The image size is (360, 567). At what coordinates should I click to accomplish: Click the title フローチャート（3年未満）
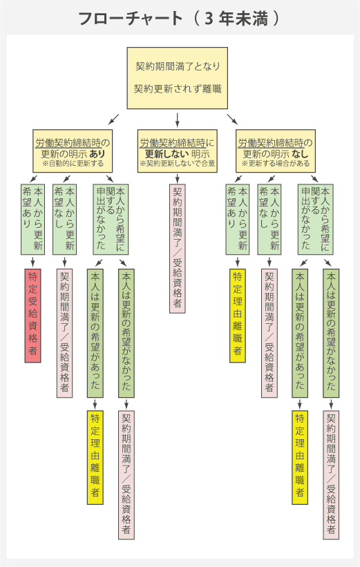[180, 19]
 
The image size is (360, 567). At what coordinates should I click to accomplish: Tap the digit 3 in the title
[209, 19]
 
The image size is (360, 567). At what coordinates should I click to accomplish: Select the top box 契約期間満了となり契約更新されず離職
[178, 78]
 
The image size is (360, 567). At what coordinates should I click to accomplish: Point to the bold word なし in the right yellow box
[300, 154]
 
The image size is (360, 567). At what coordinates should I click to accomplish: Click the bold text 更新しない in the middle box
[167, 154]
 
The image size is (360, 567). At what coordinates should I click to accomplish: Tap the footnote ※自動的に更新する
[73, 164]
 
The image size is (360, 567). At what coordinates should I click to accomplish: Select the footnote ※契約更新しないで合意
[178, 164]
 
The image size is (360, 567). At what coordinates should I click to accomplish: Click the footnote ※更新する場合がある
[276, 164]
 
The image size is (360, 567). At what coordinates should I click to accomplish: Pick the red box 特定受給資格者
[33, 316]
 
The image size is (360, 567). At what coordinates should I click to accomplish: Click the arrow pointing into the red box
[33, 261]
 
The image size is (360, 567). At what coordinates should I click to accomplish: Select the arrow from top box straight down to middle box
[178, 119]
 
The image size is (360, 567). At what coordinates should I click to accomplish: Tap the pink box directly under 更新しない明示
[178, 249]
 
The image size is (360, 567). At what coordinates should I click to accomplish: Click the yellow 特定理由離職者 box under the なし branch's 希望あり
[238, 316]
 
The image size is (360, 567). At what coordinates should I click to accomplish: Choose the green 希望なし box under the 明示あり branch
[65, 220]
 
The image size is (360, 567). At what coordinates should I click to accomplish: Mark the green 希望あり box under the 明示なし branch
[238, 220]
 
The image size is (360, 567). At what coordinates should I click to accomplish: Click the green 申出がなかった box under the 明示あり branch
[111, 220]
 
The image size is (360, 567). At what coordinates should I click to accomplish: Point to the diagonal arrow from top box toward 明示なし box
[233, 119]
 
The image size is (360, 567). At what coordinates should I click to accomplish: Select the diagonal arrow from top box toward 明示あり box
[113, 119]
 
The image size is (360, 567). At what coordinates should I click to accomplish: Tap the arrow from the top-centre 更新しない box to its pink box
[178, 178]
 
